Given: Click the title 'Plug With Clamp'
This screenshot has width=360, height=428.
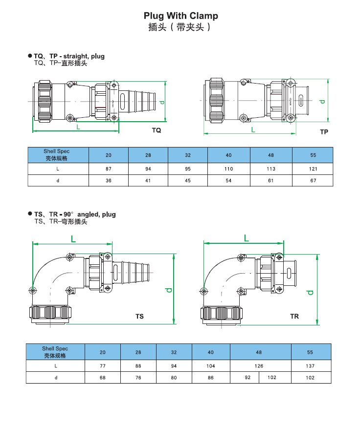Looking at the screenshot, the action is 180,16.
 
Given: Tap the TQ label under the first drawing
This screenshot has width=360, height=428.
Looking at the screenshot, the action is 157,130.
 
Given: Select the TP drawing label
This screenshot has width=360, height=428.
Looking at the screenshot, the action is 324,132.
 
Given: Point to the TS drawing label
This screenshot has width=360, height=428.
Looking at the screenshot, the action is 139,316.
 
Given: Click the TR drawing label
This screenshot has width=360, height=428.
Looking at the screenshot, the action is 294,316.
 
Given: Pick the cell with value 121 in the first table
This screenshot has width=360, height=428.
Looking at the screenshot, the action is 313,169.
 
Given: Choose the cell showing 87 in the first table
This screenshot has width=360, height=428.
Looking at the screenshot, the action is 109,169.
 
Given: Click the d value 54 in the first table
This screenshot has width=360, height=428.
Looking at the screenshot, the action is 228,180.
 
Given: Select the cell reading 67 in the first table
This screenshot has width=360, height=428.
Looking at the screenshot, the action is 313,180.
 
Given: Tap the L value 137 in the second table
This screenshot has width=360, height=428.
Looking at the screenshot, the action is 310,366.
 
